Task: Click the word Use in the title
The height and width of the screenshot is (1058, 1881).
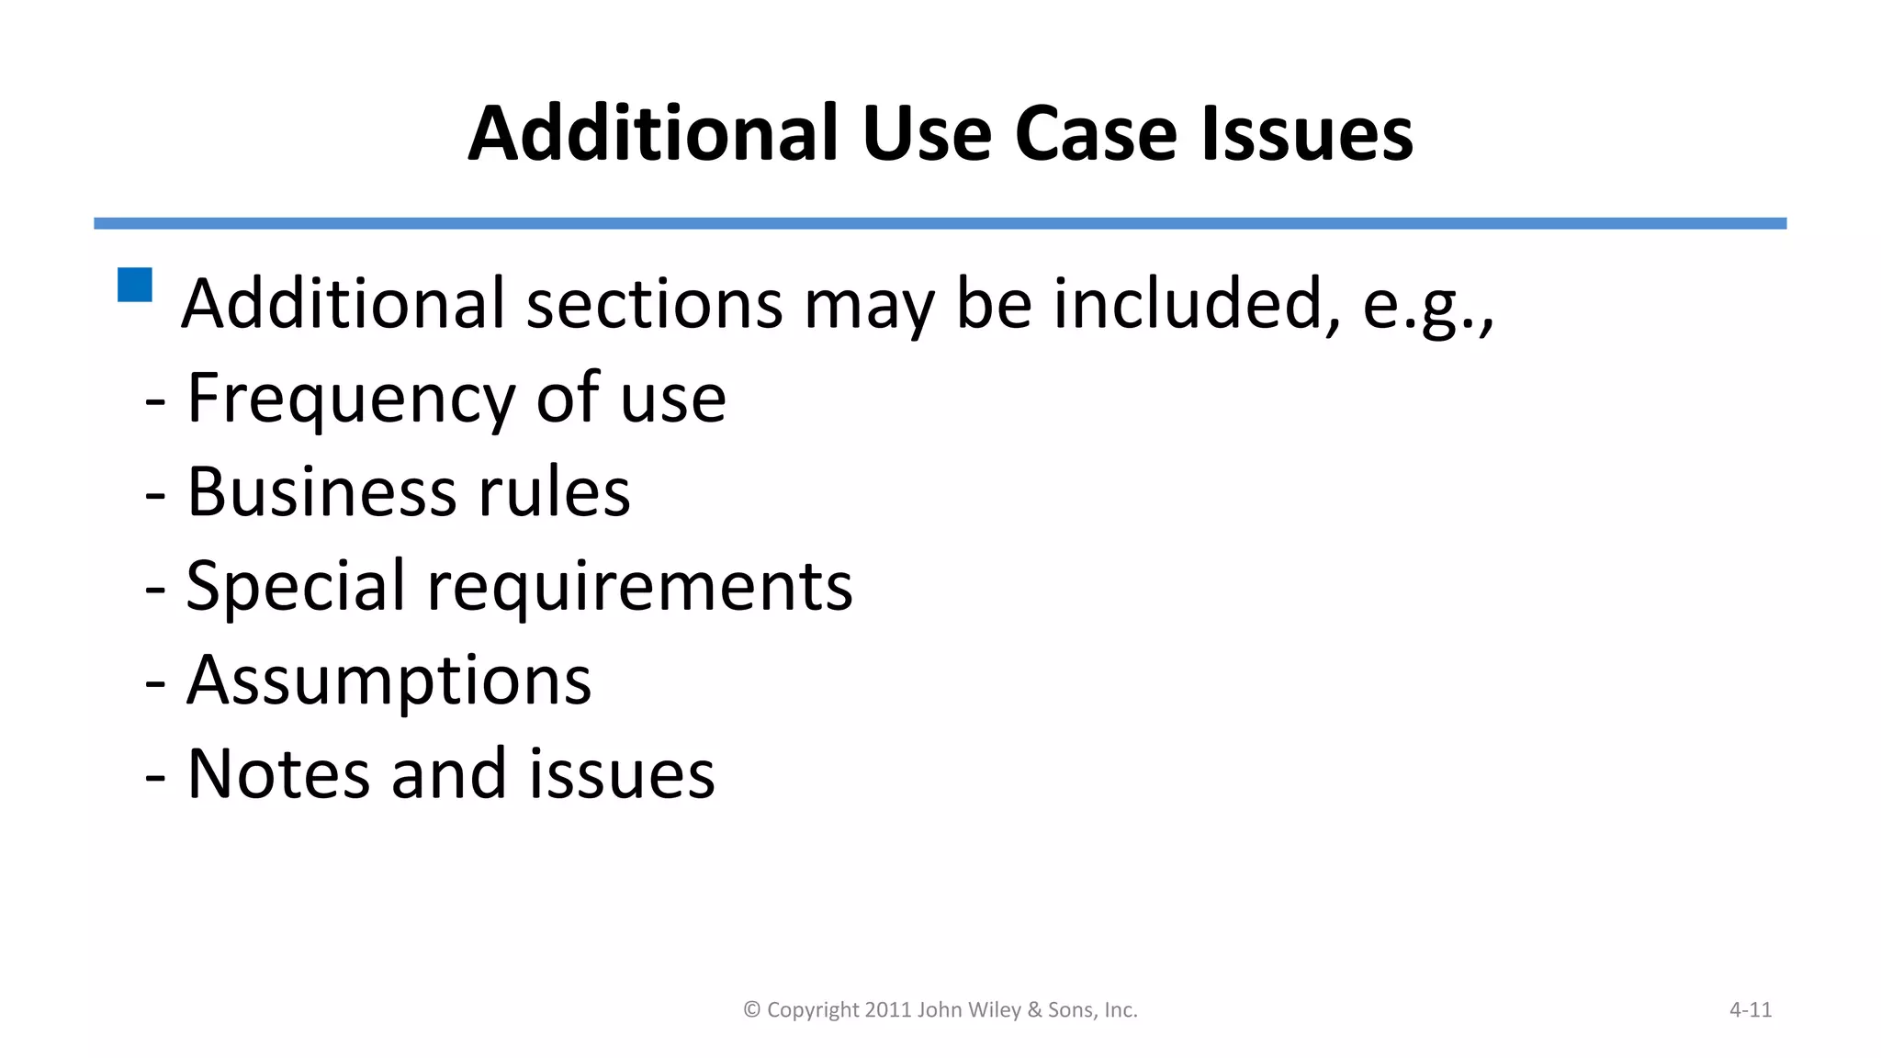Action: tap(926, 134)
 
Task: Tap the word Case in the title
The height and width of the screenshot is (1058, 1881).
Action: tap(1096, 134)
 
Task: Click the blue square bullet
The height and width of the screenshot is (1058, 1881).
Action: tap(135, 285)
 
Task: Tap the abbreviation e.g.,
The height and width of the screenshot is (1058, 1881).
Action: tap(1428, 305)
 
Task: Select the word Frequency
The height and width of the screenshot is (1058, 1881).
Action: tap(350, 399)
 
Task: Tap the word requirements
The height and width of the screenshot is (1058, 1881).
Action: tap(640, 588)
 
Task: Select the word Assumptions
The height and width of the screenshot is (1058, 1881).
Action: tap(389, 681)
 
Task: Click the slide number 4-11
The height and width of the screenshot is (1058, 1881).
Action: tap(1750, 1009)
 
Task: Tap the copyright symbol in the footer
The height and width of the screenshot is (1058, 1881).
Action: tap(751, 1009)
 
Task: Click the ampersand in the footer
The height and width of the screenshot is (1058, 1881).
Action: tap(1035, 1009)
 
